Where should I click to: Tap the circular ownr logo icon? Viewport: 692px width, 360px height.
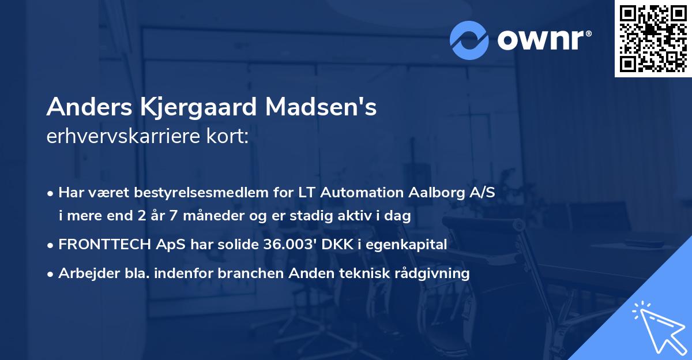(x=469, y=40)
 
